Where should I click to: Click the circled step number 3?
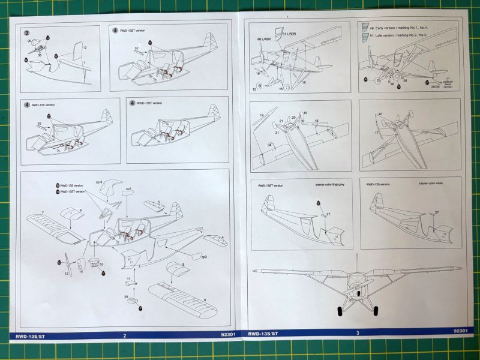(x=27, y=32)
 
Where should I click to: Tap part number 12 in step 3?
(x=85, y=47)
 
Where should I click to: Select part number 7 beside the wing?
(x=43, y=213)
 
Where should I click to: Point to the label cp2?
(x=205, y=257)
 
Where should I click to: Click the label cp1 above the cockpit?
(x=128, y=190)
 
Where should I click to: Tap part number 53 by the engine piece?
(x=101, y=263)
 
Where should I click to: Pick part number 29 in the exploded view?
(x=126, y=296)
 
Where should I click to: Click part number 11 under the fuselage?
(x=128, y=279)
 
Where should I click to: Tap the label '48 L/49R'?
(x=263, y=39)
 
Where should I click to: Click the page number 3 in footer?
(x=357, y=333)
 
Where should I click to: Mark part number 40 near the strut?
(x=380, y=114)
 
